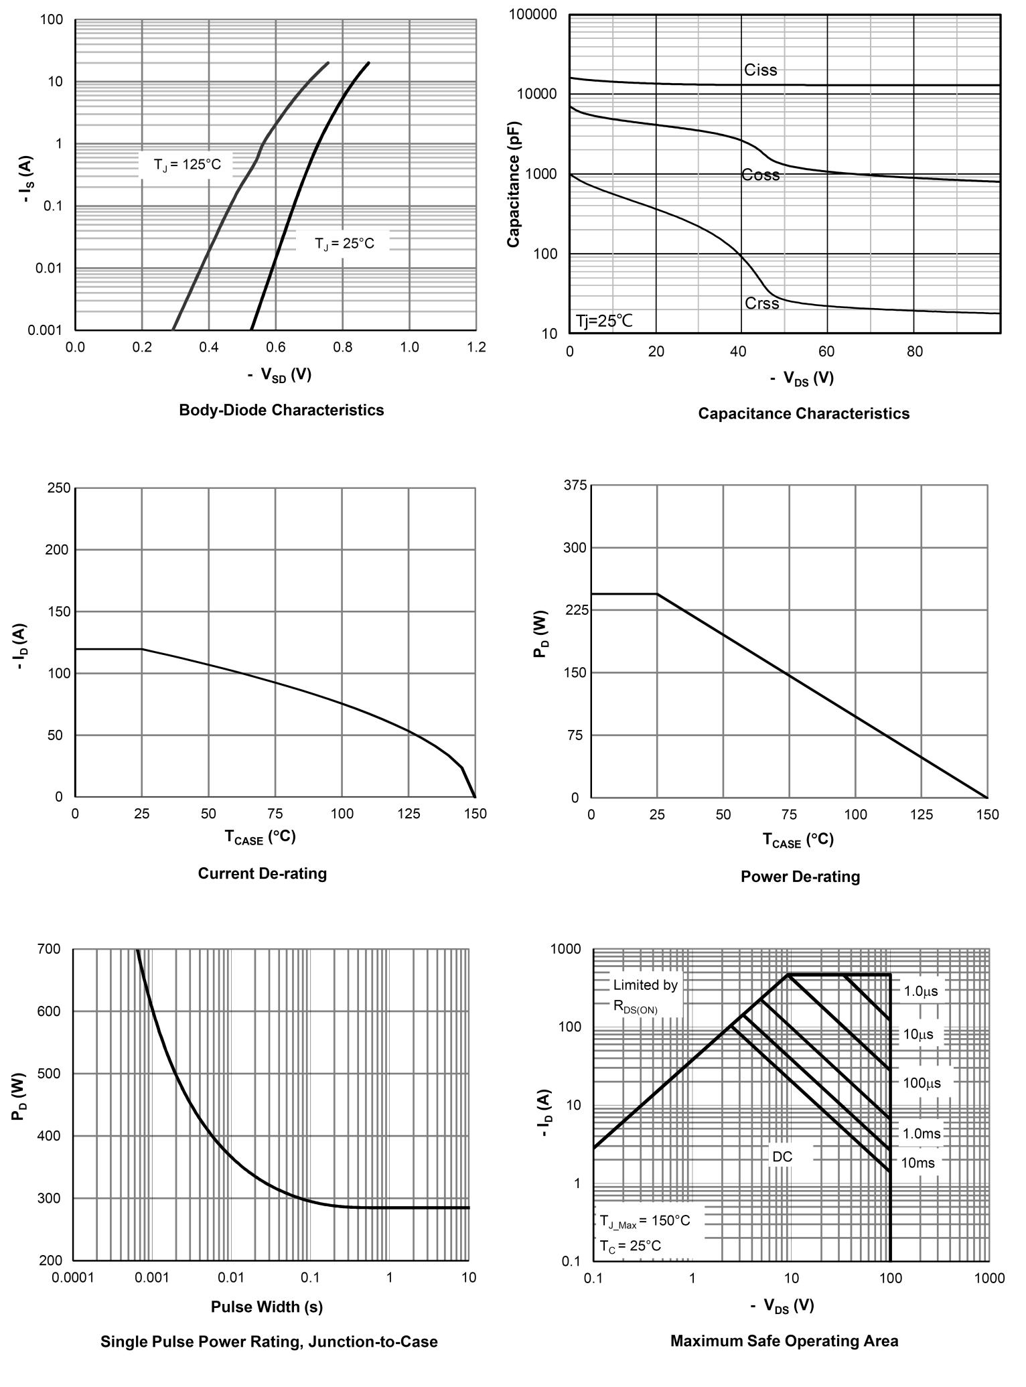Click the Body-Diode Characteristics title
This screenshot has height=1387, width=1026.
[x=281, y=410]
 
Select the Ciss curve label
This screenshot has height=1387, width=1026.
[x=760, y=70]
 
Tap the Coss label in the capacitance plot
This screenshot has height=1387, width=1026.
[x=760, y=175]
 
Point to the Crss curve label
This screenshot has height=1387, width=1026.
[x=761, y=303]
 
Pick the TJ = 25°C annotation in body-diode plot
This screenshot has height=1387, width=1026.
[x=344, y=244]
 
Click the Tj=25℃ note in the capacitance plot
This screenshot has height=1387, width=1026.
[x=604, y=321]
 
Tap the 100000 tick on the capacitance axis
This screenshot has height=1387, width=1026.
[x=533, y=15]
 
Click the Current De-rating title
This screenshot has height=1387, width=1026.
[x=263, y=873]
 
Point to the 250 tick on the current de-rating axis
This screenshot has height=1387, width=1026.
[x=59, y=488]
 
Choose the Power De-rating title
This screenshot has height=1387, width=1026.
[x=800, y=877]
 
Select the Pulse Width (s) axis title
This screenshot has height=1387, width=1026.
[x=267, y=1307]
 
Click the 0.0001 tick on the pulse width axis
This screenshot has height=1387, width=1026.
[x=72, y=1277]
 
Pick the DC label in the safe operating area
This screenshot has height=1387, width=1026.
[x=782, y=1157]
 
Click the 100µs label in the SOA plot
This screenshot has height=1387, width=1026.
[x=921, y=1083]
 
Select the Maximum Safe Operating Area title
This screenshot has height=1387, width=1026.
[x=784, y=1341]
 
